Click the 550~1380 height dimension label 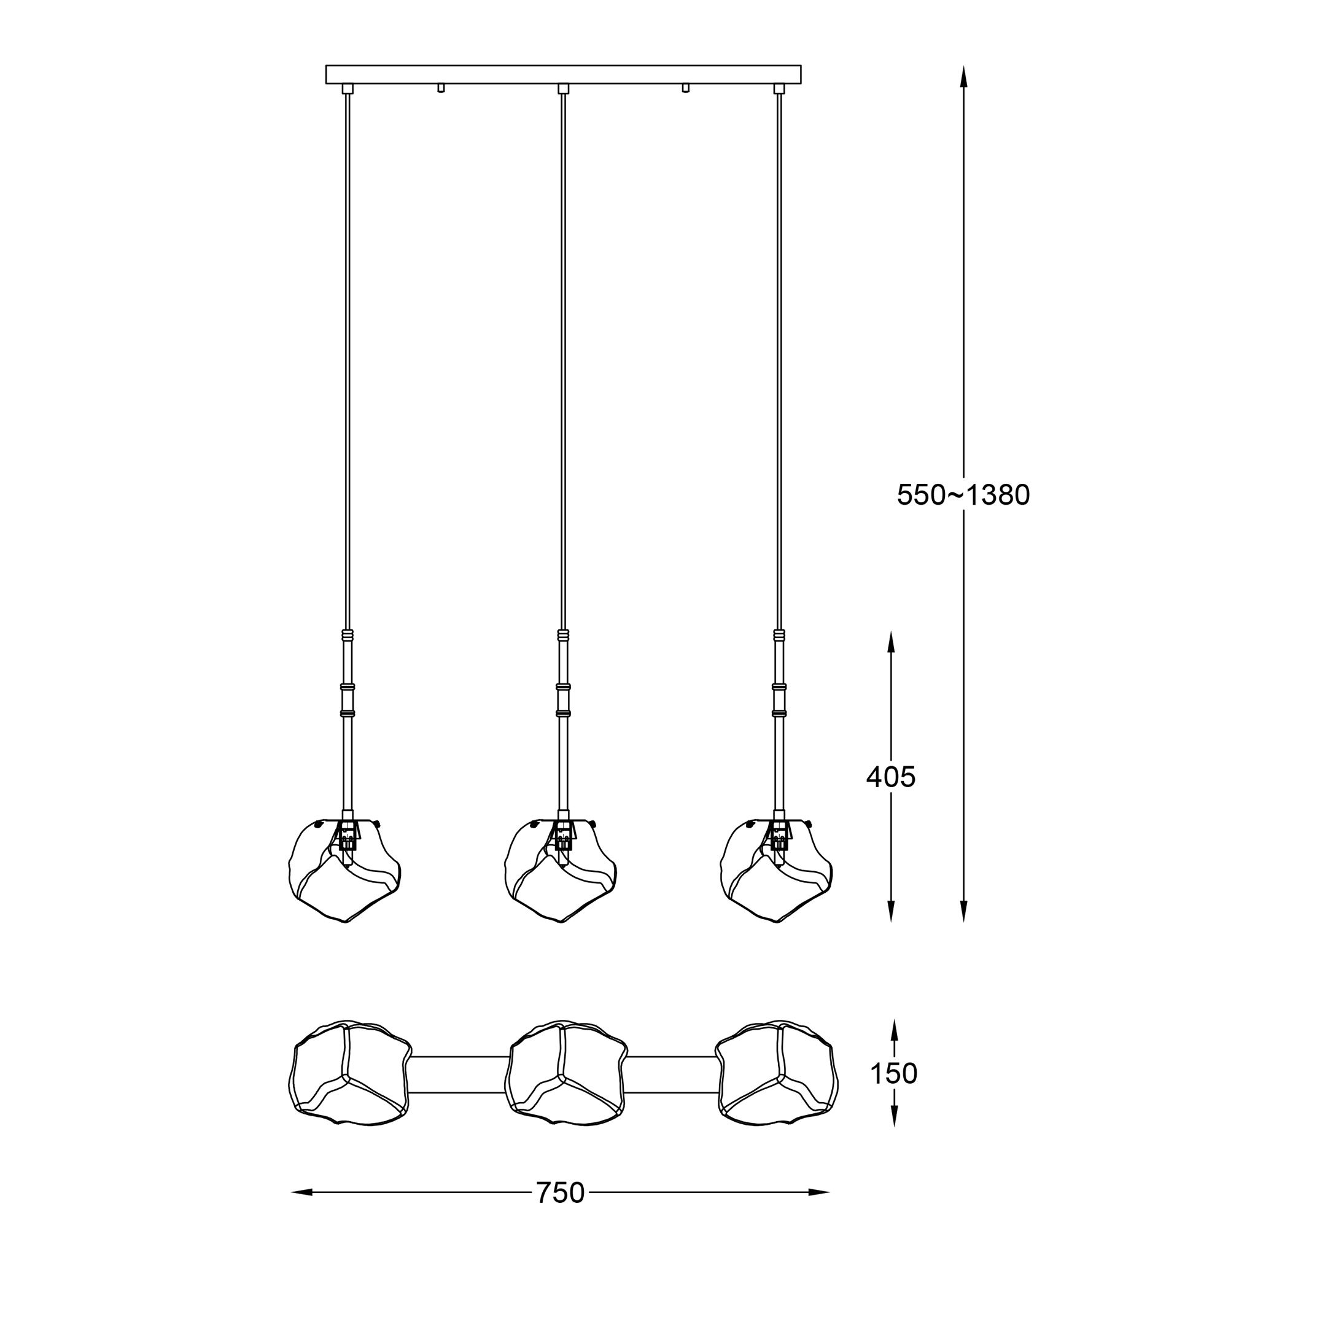tap(963, 495)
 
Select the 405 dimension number tap(890, 777)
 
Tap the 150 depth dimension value tap(894, 1093)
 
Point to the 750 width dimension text tap(560, 1193)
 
